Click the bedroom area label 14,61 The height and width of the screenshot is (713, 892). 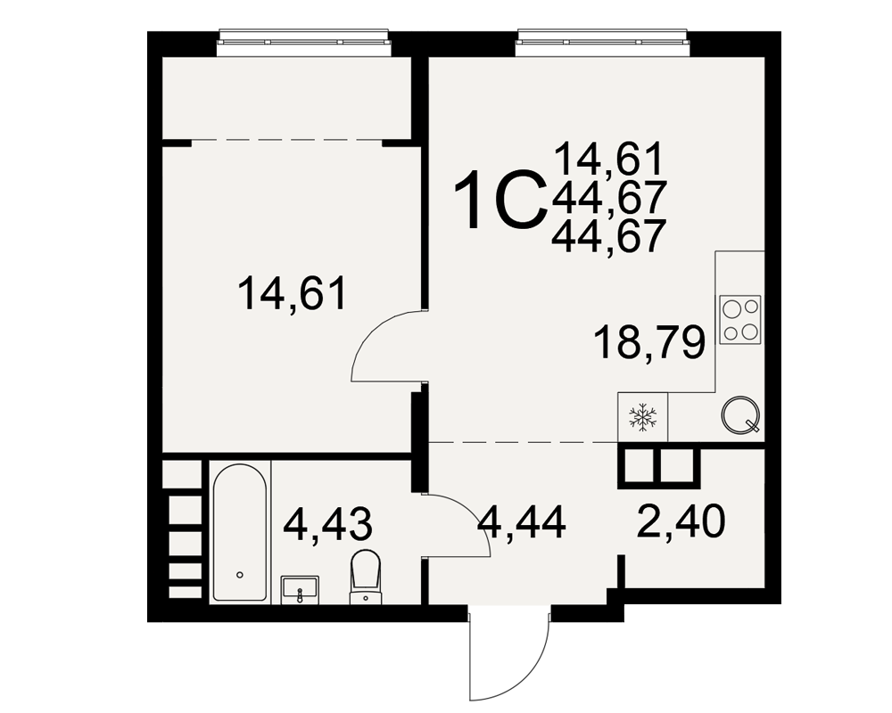[x=293, y=293]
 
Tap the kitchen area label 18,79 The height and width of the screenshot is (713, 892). [x=649, y=343]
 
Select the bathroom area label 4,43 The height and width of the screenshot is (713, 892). [x=328, y=524]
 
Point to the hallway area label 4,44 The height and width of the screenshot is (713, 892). [x=522, y=522]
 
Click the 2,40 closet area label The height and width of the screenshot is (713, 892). [x=681, y=522]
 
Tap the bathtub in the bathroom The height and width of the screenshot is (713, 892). [x=240, y=533]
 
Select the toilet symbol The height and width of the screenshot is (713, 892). [x=365, y=576]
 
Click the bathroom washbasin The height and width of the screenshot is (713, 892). [x=301, y=589]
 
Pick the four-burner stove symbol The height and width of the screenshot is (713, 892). [x=740, y=320]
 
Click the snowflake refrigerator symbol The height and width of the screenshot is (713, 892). [x=643, y=417]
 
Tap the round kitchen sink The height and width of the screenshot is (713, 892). [x=740, y=414]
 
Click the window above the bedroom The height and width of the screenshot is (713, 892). [x=305, y=42]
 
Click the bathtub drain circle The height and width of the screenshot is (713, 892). [x=240, y=575]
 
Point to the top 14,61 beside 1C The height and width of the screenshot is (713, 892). [x=608, y=159]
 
